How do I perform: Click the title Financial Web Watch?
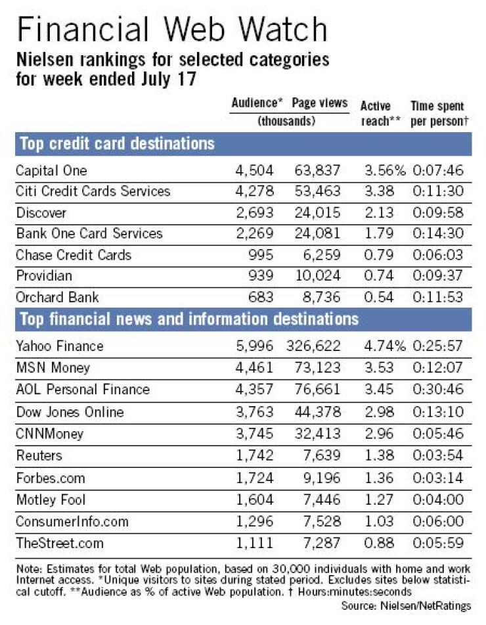[172, 30]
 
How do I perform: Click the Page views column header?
[319, 103]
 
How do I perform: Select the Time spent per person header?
[439, 113]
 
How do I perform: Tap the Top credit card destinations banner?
[117, 144]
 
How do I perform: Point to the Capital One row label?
[51, 171]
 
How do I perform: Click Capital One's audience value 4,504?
[255, 171]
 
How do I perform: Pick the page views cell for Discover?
[317, 212]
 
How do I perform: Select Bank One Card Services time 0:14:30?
[438, 233]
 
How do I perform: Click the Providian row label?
[44, 275]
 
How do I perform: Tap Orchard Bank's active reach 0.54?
[379, 297]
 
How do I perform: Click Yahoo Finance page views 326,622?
[313, 346]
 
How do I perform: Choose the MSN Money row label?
[53, 367]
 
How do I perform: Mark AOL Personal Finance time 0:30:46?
[438, 389]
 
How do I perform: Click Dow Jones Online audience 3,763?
[255, 411]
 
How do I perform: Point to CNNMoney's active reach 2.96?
[379, 433]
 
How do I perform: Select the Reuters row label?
[39, 455]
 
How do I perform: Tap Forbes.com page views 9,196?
[322, 478]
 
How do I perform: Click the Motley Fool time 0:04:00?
[438, 499]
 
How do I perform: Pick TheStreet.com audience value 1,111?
[255, 543]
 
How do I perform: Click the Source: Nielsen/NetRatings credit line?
[406, 606]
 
